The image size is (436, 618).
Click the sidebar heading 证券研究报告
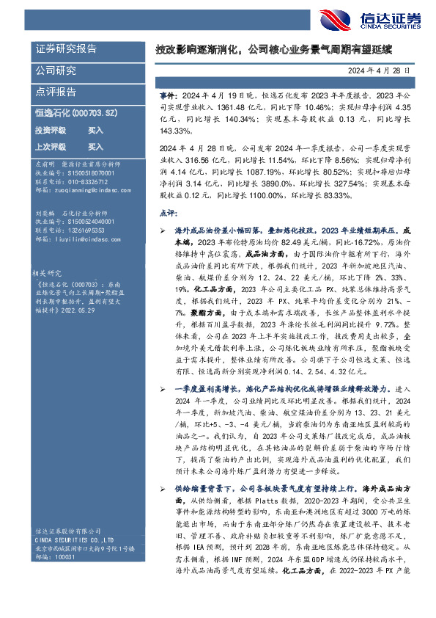[x=66, y=49]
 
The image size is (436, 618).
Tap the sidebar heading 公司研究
[x=56, y=71]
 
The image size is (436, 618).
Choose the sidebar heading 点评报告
[x=56, y=92]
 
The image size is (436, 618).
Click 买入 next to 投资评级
[x=95, y=130]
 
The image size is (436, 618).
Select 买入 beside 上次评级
[x=95, y=146]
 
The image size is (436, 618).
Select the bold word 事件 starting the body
[x=168, y=96]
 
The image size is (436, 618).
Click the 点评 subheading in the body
[x=167, y=213]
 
